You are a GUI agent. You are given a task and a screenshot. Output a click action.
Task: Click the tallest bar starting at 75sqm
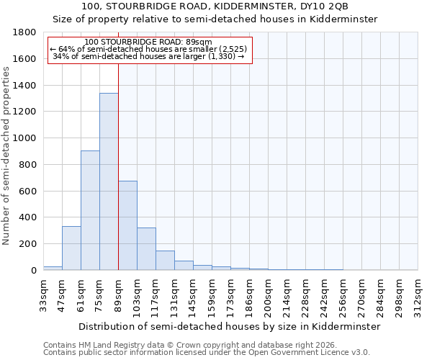tap(109, 181)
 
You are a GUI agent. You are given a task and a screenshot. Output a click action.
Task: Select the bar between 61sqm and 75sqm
tap(90, 210)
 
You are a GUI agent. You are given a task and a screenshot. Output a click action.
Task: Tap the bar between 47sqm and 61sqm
tap(71, 248)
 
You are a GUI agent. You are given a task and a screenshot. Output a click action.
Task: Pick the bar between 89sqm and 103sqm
tap(127, 225)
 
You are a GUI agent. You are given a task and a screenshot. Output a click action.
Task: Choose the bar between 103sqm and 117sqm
tap(146, 249)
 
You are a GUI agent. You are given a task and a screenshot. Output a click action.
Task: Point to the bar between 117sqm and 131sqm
tap(165, 261)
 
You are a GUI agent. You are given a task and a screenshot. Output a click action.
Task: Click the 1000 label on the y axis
tap(24, 138)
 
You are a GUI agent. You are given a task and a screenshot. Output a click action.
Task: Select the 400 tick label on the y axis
tap(27, 217)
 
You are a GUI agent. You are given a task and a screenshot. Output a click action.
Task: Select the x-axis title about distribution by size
tap(230, 326)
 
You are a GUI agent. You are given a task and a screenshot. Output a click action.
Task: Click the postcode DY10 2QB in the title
tap(320, 6)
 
